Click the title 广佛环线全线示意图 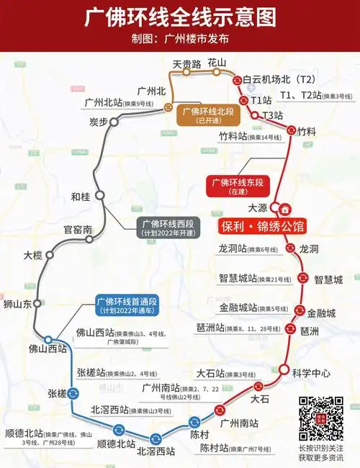click(179, 18)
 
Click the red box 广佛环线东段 click(236, 186)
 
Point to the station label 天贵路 click(186, 63)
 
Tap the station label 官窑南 click(78, 230)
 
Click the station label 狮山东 click(18, 305)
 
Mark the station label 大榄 click(33, 255)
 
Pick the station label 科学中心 click(311, 373)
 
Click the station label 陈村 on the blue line click(200, 436)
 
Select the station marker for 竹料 click(291, 130)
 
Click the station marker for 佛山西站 click(48, 339)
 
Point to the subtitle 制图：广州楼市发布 click(179, 39)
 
